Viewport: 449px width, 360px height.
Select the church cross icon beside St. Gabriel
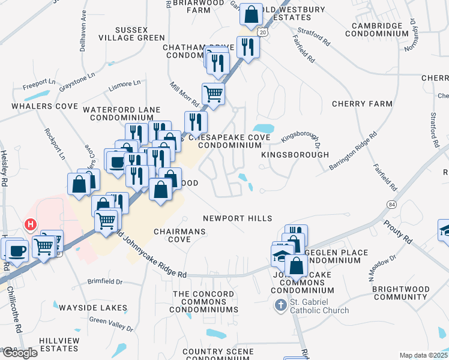click(280, 306)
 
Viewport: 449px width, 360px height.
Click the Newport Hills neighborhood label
click(237, 219)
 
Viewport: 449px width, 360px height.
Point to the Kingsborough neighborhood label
click(295, 155)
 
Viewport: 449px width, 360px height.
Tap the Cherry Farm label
click(362, 104)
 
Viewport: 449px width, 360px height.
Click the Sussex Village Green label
click(131, 33)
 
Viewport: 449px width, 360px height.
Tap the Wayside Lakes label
click(92, 308)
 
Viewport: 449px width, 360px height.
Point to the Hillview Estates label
click(59, 344)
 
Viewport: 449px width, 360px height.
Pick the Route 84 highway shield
click(392, 206)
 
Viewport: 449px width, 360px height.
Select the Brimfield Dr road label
click(105, 281)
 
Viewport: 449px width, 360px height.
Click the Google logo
click(19, 352)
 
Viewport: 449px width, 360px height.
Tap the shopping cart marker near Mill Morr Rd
click(213, 93)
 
